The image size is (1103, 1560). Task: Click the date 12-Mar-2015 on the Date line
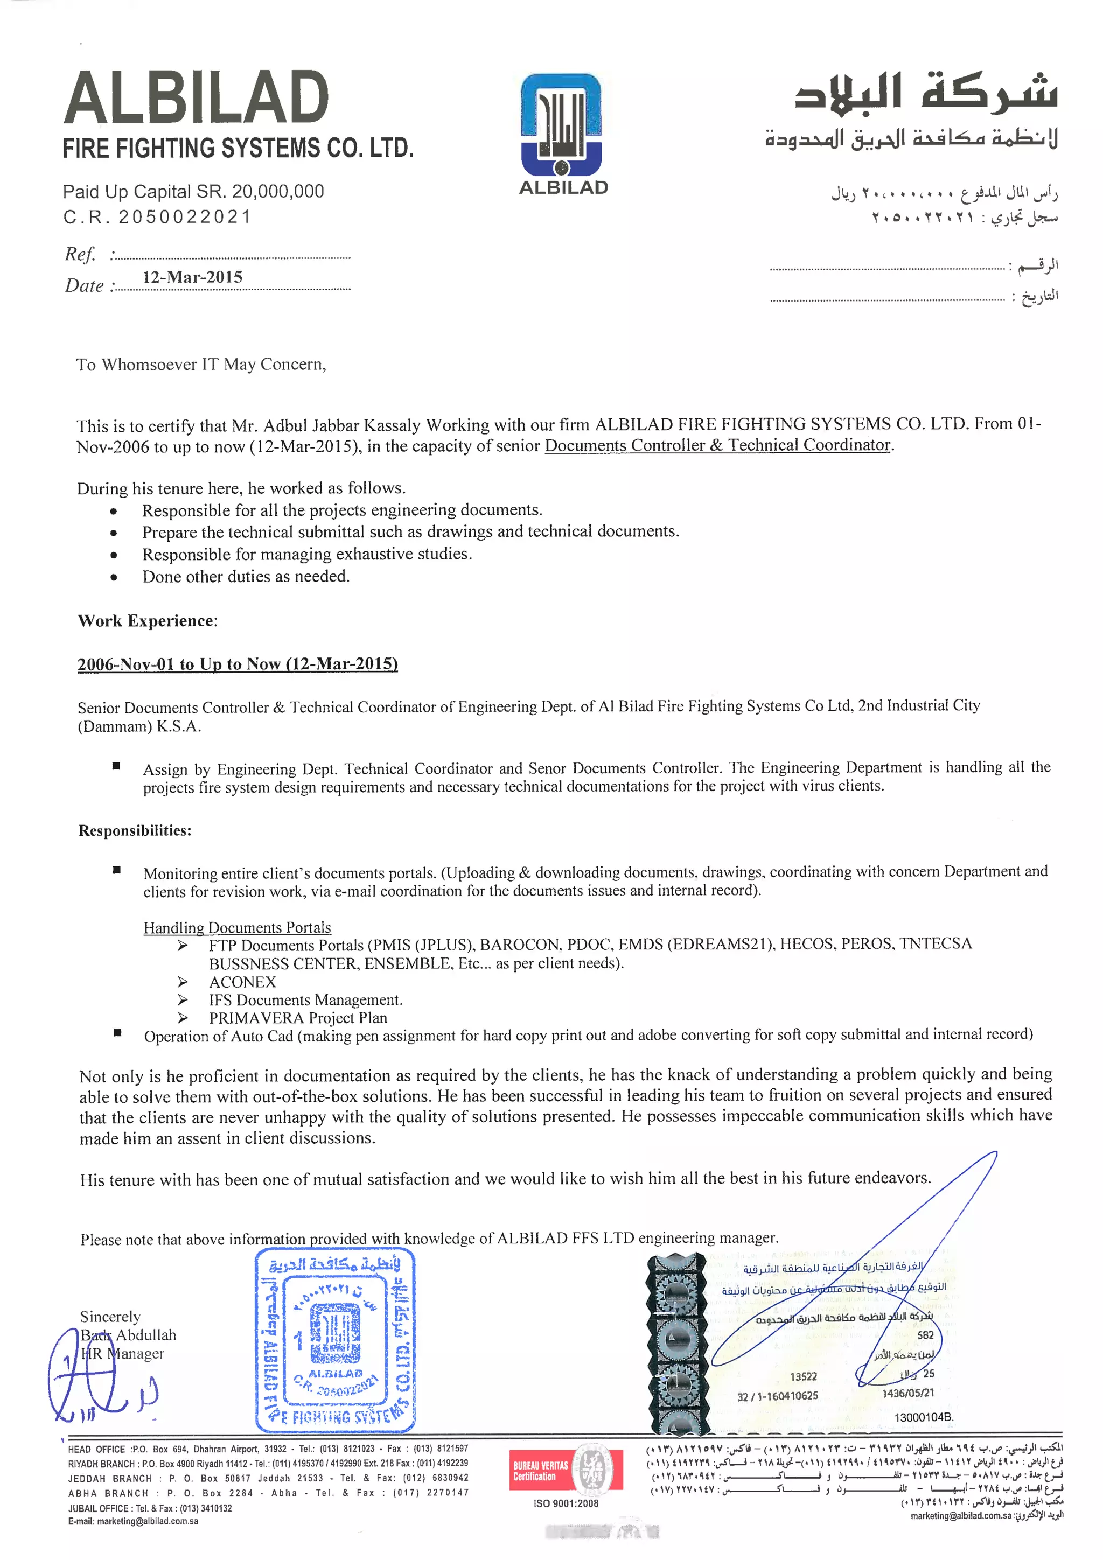192,277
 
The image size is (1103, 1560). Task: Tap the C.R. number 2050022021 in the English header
185,217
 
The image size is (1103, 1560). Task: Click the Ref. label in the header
80,254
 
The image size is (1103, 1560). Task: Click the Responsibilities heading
135,830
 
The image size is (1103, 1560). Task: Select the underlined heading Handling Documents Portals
237,927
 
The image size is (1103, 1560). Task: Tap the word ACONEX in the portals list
242,982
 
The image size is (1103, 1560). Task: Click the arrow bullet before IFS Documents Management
182,999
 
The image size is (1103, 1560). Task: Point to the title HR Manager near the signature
123,1353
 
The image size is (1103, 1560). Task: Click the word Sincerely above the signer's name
110,1317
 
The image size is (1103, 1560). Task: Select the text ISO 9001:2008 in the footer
566,1503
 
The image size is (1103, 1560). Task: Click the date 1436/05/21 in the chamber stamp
908,1393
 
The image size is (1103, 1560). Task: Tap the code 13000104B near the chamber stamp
924,1417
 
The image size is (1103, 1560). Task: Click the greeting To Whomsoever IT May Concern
201,365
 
